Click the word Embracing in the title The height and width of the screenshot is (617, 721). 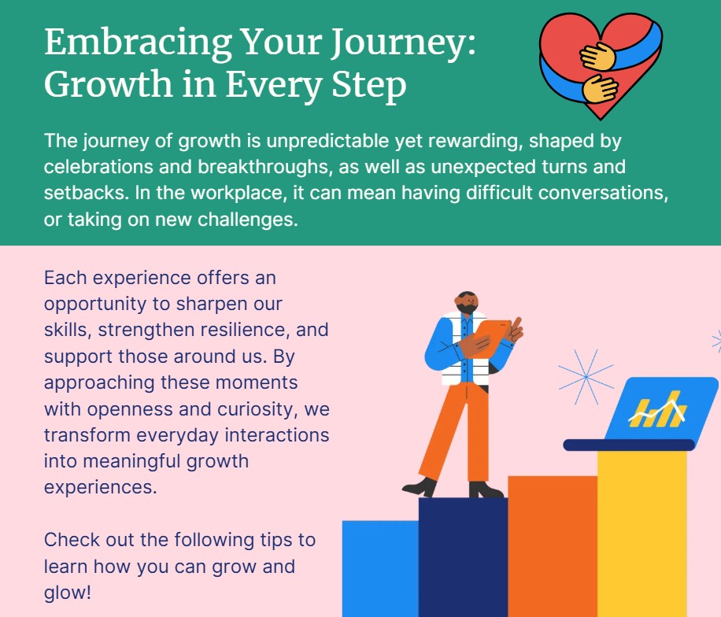pyautogui.click(x=138, y=43)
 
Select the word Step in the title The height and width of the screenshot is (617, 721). pyautogui.click(x=369, y=86)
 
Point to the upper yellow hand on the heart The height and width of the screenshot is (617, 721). pyautogui.click(x=597, y=57)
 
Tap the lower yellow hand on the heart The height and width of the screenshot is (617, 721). pyautogui.click(x=600, y=88)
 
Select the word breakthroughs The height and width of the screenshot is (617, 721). pyautogui.click(x=264, y=167)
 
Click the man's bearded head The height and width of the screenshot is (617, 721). pyautogui.click(x=468, y=303)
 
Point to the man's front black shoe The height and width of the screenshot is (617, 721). pyautogui.click(x=420, y=487)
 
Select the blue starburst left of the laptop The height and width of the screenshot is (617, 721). pyautogui.click(x=586, y=377)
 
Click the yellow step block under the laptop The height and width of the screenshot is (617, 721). pyautogui.click(x=642, y=534)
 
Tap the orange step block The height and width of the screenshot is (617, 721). pyautogui.click(x=553, y=546)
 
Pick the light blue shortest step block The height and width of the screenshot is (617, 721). pyautogui.click(x=381, y=569)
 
